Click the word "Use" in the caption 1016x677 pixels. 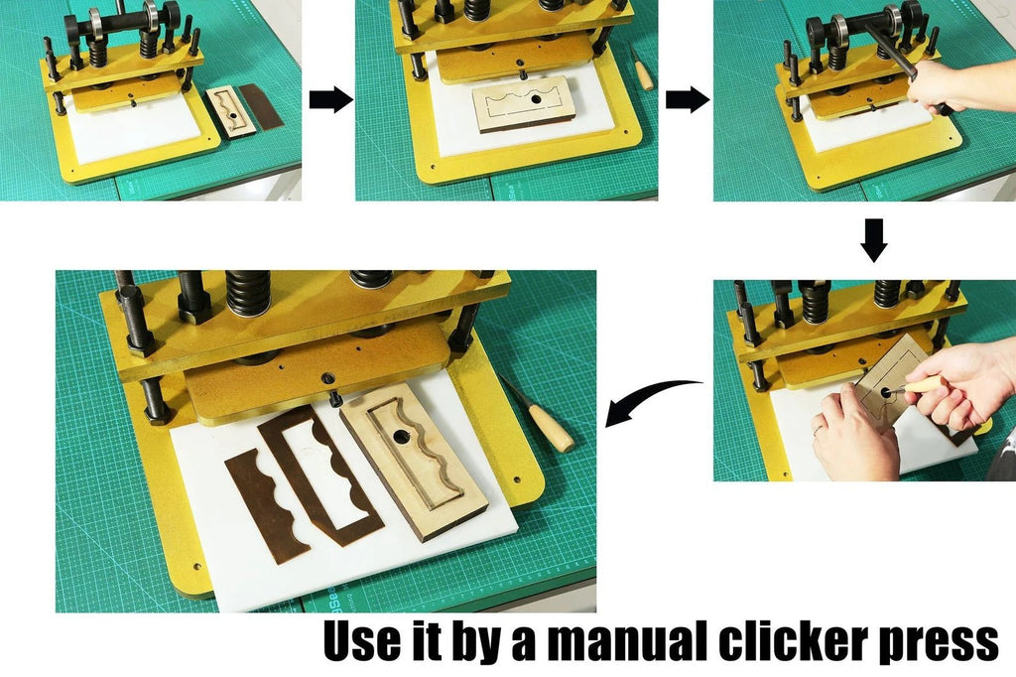coord(360,640)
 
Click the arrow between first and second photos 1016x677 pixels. coord(330,100)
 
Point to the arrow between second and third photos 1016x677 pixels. coord(687,100)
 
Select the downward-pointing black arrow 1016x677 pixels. coord(874,240)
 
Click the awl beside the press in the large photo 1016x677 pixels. coord(538,414)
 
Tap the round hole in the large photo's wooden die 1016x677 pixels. coord(402,437)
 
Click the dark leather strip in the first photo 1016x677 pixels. coord(262,105)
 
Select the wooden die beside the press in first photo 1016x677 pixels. coord(230,111)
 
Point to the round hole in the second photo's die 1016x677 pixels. coord(535,99)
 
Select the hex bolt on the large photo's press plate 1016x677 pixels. coord(328,379)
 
